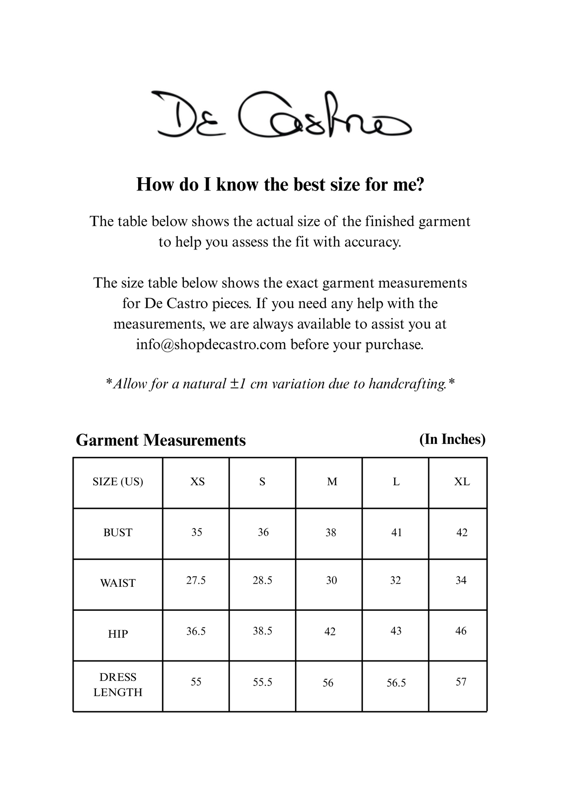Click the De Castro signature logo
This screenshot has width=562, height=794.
coord(281,115)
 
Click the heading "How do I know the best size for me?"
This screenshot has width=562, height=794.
coord(280,184)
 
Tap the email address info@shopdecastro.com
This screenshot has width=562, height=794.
coord(211,344)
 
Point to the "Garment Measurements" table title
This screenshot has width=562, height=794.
coord(161,440)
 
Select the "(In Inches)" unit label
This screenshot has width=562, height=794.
coord(452,439)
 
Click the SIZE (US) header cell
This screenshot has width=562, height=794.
coord(118,482)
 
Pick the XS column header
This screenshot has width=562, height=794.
coord(197,482)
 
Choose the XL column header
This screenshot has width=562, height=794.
coord(462,482)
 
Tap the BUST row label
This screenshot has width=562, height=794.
coord(118,533)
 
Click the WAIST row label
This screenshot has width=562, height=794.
coord(118,583)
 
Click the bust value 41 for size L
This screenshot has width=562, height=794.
coord(396,533)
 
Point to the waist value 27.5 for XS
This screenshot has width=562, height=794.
coord(196,580)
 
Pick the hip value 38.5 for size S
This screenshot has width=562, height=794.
coord(263,631)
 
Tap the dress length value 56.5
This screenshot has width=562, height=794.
coord(396,683)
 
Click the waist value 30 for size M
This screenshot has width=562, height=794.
coord(331,580)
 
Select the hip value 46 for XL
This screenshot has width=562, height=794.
coord(461,631)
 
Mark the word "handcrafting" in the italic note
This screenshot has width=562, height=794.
coord(407,384)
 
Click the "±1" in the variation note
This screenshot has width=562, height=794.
coord(238,384)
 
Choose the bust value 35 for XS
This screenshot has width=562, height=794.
coord(197,532)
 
